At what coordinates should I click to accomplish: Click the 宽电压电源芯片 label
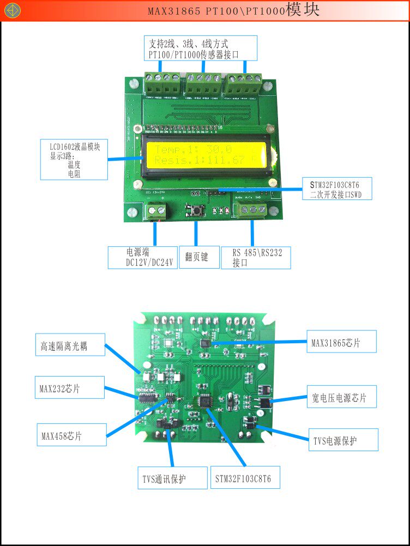tap(343, 398)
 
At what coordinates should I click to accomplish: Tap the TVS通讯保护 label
tap(171, 478)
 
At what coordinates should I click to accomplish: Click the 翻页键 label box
tap(196, 257)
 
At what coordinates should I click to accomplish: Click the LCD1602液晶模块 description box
tap(74, 159)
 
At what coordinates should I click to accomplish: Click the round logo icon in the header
tap(11, 10)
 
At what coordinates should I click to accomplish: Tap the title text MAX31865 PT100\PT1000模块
tap(233, 10)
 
